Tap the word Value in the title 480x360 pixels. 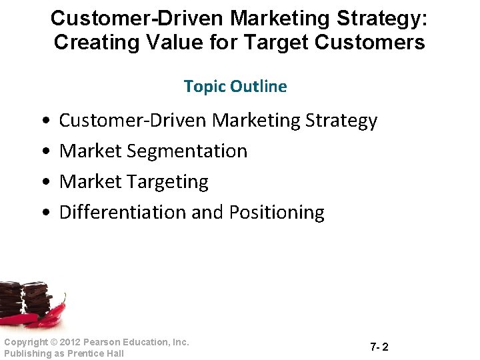pyautogui.click(x=170, y=43)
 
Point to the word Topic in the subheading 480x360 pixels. pyautogui.click(x=205, y=87)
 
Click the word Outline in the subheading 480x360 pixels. pyautogui.click(x=259, y=87)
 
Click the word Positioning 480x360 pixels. pyautogui.click(x=277, y=213)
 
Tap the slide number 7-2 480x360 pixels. pyautogui.click(x=379, y=347)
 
